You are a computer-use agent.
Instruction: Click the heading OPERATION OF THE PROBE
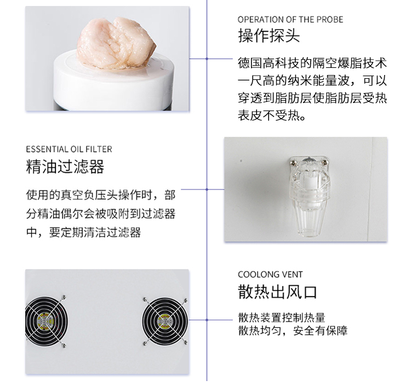pyautogui.click(x=290, y=19)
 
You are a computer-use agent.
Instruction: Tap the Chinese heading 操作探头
pyautogui.click(x=269, y=36)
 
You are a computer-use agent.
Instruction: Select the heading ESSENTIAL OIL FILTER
pyautogui.click(x=69, y=149)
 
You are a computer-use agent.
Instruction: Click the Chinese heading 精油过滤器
pyautogui.click(x=65, y=166)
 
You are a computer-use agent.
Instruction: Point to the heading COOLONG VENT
pyautogui.click(x=270, y=274)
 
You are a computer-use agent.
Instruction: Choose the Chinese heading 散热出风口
pyautogui.click(x=278, y=292)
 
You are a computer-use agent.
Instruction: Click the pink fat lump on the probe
pyautogui.click(x=116, y=43)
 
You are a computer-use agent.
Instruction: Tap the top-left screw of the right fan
pyautogui.click(x=145, y=299)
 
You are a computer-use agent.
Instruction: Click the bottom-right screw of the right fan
pyautogui.click(x=186, y=342)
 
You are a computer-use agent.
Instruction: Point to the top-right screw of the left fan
pyautogui.click(x=64, y=297)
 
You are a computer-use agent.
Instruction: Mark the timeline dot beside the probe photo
pyautogui.click(x=207, y=59)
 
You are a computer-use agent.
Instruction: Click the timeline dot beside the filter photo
pyautogui.click(x=207, y=189)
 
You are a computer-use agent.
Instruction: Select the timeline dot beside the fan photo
pyautogui.click(x=207, y=320)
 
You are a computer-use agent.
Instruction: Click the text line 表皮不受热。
pyautogui.click(x=272, y=115)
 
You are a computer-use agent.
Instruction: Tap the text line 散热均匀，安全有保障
pyautogui.click(x=293, y=331)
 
